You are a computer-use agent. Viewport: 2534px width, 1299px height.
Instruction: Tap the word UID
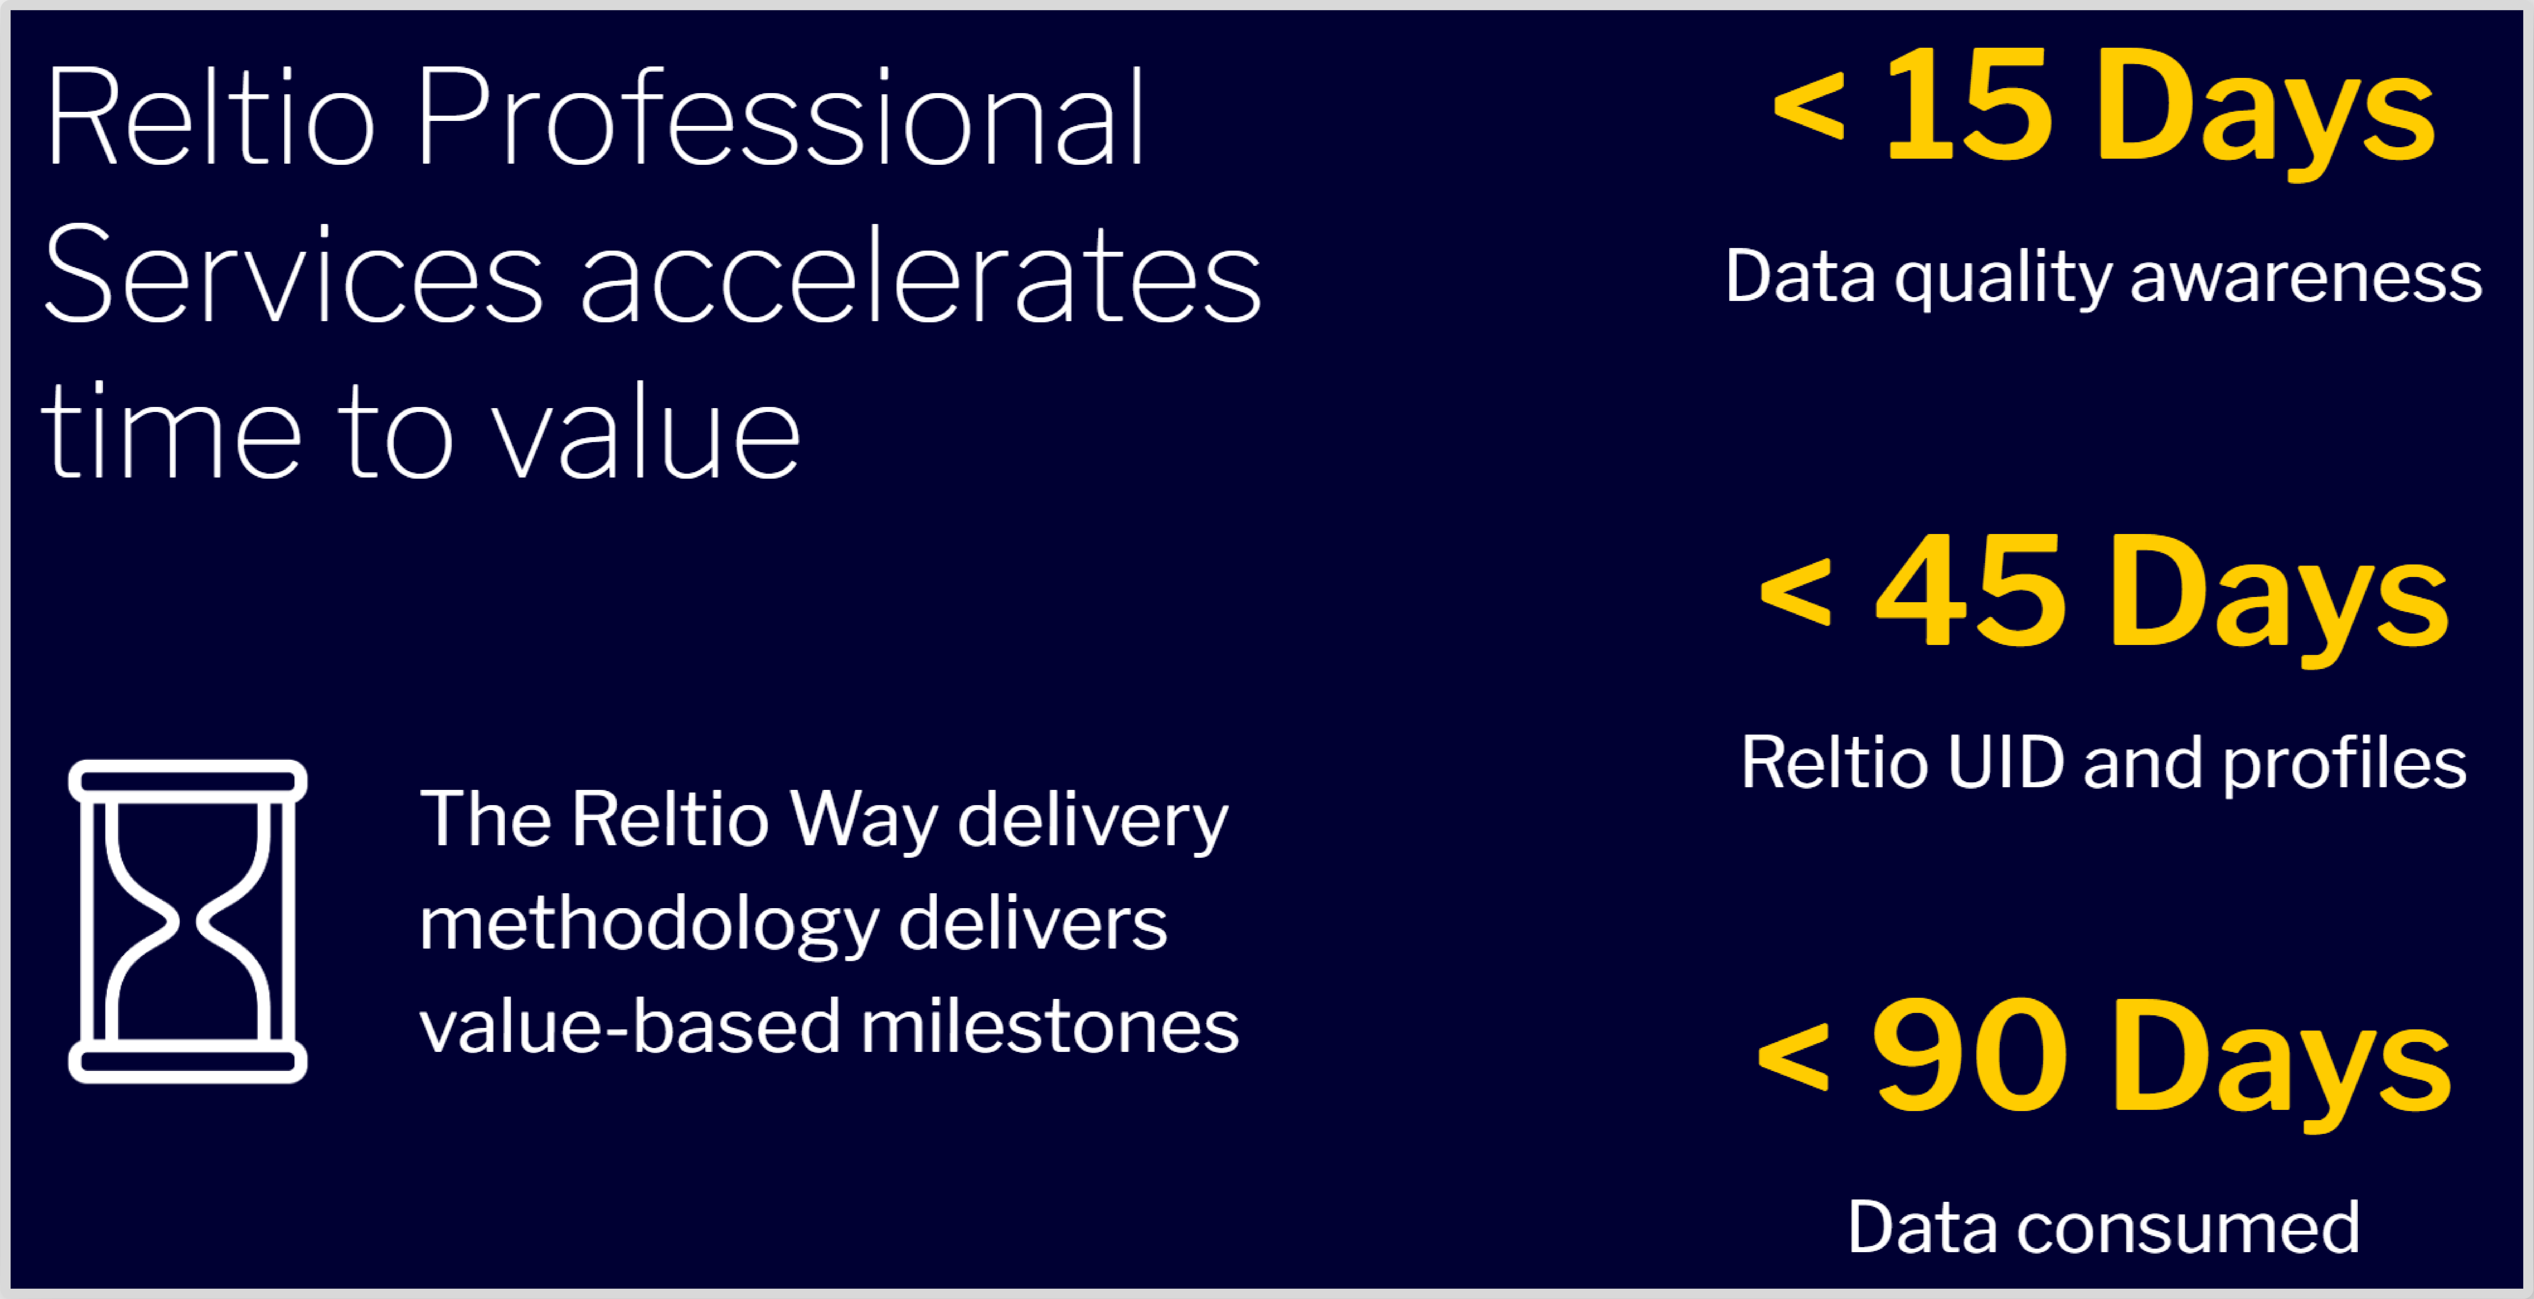point(2005,763)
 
